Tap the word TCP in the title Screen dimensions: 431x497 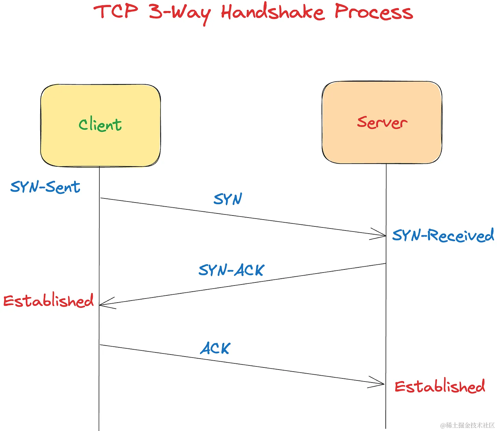(x=116, y=12)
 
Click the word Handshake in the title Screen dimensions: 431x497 (x=272, y=12)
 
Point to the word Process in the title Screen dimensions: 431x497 (x=373, y=12)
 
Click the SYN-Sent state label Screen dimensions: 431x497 (x=45, y=187)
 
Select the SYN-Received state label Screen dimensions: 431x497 (x=443, y=236)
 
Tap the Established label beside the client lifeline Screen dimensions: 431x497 (x=48, y=301)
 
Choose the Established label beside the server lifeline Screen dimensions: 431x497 (x=440, y=386)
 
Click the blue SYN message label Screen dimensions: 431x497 (x=228, y=199)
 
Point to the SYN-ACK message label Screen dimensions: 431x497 (x=231, y=270)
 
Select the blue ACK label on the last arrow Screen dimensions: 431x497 (x=215, y=348)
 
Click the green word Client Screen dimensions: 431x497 (x=100, y=124)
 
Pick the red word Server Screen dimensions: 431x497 (x=382, y=123)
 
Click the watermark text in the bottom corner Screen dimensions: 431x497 (x=467, y=425)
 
